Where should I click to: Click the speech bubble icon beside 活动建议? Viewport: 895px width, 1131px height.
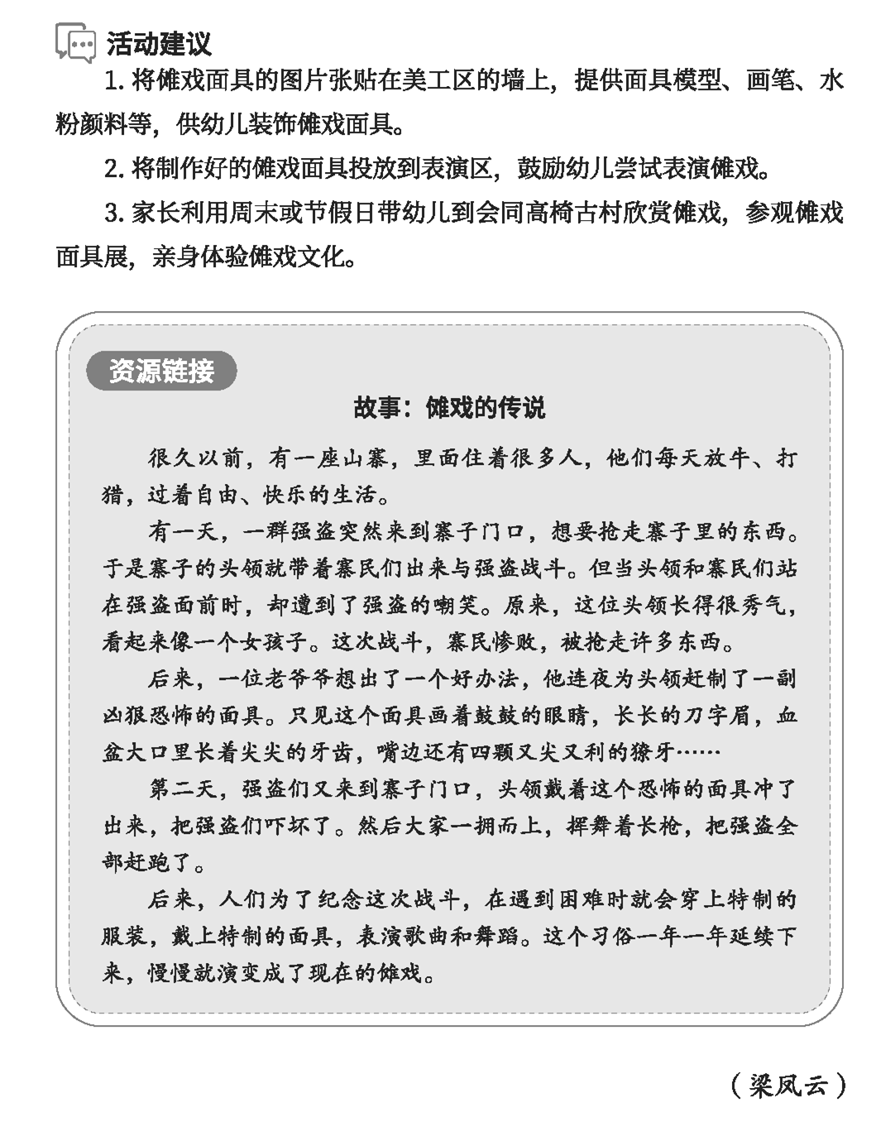[74, 42]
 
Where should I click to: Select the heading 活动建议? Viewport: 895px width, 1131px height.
[159, 43]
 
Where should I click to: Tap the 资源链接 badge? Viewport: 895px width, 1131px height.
[161, 371]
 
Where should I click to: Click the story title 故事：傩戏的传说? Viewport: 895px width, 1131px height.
[449, 408]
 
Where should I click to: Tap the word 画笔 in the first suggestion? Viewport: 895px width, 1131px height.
[770, 81]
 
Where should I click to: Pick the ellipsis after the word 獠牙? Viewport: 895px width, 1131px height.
[699, 753]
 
